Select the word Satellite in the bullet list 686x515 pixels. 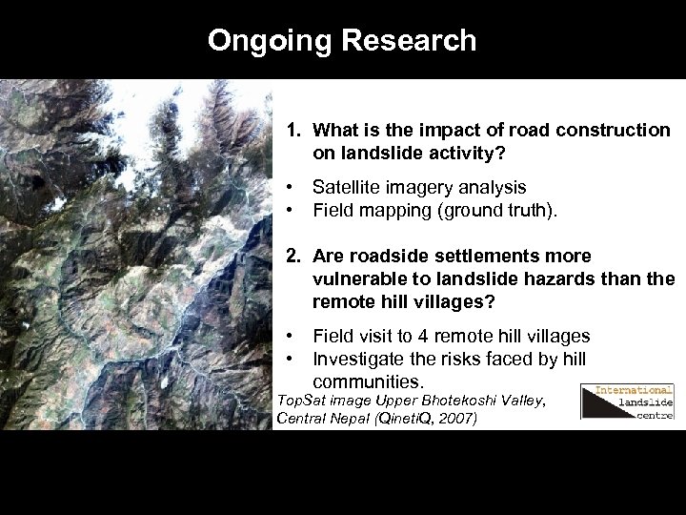coord(351,188)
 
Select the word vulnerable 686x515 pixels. coord(359,278)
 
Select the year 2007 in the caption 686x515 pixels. coord(462,418)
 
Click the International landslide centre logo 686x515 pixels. coord(627,402)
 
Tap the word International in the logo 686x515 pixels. coord(635,390)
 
